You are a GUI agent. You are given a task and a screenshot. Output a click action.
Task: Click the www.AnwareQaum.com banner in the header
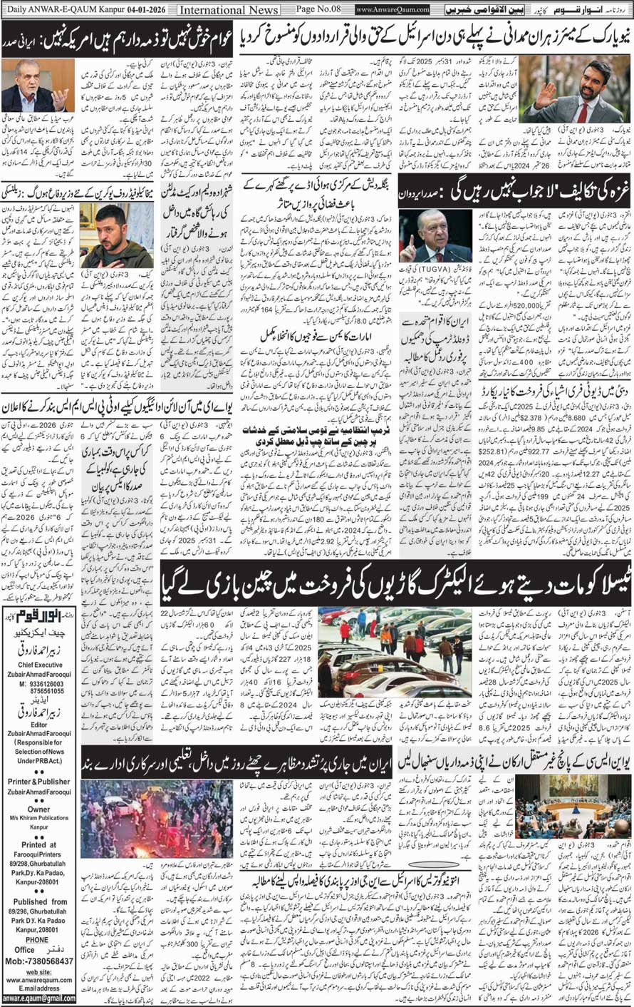tap(393, 10)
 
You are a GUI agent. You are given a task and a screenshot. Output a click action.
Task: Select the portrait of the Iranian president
tap(38, 86)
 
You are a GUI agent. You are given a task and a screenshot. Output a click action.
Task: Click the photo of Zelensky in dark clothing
tap(116, 235)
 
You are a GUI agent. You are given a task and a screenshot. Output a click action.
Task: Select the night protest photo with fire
tap(156, 819)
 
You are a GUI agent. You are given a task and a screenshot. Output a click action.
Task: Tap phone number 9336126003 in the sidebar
tap(43, 683)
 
